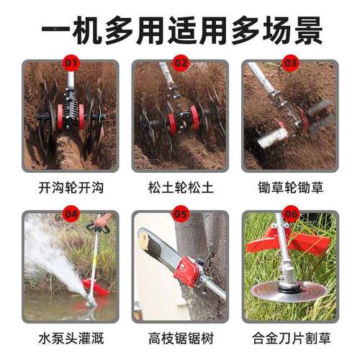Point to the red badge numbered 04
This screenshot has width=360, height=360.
coord(71,215)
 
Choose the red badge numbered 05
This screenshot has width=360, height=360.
coord(181,215)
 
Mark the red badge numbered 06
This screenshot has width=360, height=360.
coord(290,215)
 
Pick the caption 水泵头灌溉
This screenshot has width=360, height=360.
coord(71,337)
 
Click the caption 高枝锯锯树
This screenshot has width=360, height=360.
coord(180,337)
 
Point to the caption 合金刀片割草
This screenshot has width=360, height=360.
coord(289,337)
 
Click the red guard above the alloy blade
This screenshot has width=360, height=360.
coord(288,242)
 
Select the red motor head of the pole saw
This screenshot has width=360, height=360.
coord(189,271)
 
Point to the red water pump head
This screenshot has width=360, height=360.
coord(96,287)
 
